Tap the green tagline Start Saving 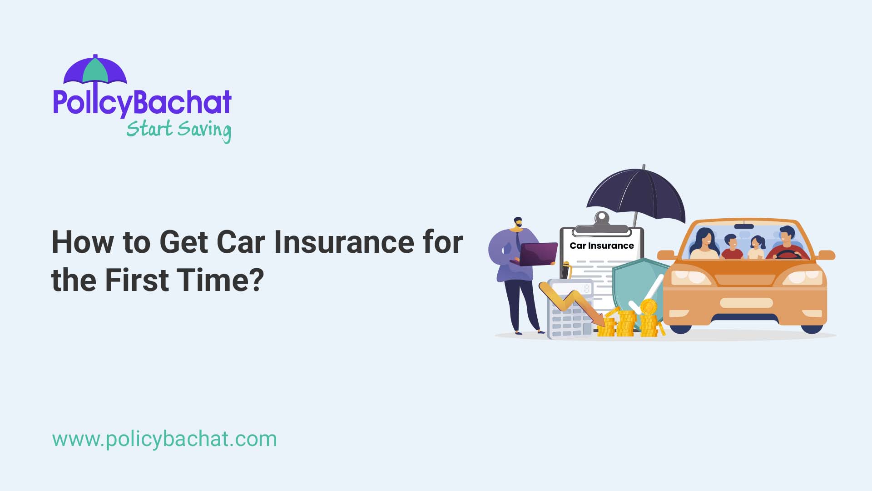pyautogui.click(x=178, y=130)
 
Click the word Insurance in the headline pyautogui.click(x=344, y=242)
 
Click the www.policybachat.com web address pyautogui.click(x=164, y=439)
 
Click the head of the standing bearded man pyautogui.click(x=518, y=223)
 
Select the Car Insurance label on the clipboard pyautogui.click(x=601, y=245)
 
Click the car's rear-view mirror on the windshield pyautogui.click(x=743, y=226)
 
